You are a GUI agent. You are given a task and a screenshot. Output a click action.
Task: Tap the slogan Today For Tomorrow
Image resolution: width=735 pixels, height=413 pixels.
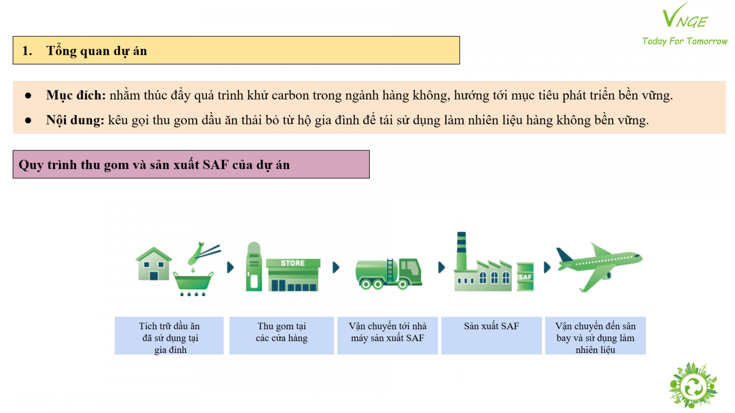click(684, 41)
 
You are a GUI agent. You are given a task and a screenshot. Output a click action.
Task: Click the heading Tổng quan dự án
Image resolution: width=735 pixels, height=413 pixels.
click(96, 51)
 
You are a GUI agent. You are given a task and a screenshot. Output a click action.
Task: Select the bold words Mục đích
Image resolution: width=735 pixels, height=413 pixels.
click(76, 95)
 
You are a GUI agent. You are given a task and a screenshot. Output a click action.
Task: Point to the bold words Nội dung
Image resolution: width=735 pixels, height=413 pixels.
click(75, 120)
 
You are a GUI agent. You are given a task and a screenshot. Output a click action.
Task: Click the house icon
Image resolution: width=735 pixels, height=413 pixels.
click(153, 264)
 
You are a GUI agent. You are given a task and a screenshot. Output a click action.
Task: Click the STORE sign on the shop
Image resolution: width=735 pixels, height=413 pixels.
click(293, 263)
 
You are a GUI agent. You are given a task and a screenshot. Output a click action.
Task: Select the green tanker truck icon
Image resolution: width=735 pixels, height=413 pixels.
click(389, 273)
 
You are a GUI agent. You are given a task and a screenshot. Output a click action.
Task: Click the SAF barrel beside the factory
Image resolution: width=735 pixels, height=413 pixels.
click(525, 277)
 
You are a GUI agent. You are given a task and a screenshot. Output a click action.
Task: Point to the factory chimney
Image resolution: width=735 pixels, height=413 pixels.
click(461, 251)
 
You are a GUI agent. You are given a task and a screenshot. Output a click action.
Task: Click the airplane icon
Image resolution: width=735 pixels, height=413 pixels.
click(599, 267)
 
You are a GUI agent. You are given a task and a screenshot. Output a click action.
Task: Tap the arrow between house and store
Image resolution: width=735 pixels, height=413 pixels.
click(230, 268)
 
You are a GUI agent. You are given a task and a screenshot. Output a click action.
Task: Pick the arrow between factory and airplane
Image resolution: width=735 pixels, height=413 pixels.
click(547, 268)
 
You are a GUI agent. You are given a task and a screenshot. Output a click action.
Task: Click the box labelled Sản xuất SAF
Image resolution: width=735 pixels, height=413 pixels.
click(491, 335)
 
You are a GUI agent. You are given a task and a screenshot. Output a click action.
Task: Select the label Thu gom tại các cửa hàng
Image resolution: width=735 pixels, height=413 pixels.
click(282, 332)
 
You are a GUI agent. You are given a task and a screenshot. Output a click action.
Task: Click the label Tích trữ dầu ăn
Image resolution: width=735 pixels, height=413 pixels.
click(169, 326)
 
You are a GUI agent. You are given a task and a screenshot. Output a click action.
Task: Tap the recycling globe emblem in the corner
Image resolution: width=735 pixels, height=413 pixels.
click(693, 385)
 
